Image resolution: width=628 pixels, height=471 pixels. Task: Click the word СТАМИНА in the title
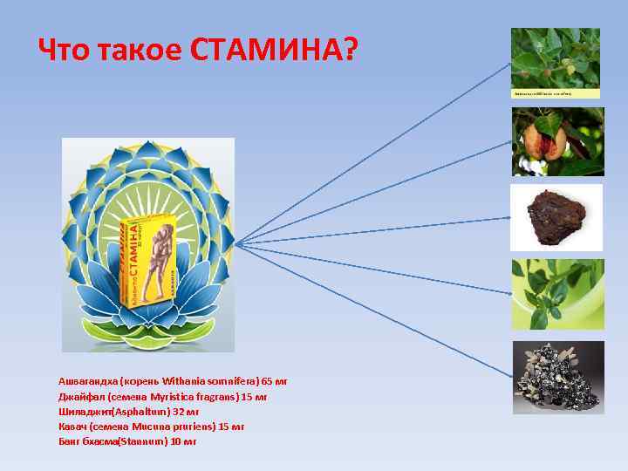(x=273, y=51)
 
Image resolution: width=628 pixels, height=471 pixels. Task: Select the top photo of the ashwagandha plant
(x=556, y=62)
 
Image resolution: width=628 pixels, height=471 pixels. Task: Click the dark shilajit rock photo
(x=556, y=216)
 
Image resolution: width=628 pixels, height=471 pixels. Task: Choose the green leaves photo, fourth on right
(x=556, y=293)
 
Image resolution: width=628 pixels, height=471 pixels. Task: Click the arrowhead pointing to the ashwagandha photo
(x=509, y=65)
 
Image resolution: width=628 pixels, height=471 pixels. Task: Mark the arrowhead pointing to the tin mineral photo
(x=509, y=376)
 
